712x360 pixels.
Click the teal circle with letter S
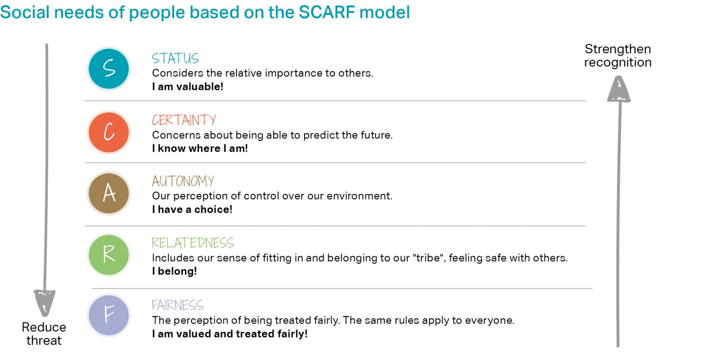click(x=109, y=69)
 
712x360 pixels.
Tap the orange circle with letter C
click(x=109, y=132)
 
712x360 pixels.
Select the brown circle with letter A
click(x=109, y=193)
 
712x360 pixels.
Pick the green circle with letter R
click(x=109, y=255)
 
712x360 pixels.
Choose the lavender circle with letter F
click(x=109, y=315)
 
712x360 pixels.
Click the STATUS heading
click(x=175, y=58)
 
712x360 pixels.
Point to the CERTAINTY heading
click(x=184, y=120)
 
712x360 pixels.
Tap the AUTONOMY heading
click(x=183, y=181)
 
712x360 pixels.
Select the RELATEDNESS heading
click(x=193, y=243)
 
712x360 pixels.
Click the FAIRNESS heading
click(x=178, y=305)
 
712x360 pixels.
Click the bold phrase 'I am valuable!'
click(x=187, y=87)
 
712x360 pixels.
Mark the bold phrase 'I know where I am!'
click(x=200, y=148)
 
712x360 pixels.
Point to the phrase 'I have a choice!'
click(x=192, y=209)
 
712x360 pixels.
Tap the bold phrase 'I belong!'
click(x=174, y=271)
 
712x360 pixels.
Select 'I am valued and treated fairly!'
click(x=229, y=334)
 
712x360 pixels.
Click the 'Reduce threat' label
click(x=44, y=334)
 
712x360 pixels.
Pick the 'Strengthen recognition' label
click(x=617, y=56)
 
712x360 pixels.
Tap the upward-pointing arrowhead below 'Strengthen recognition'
click(x=619, y=90)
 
